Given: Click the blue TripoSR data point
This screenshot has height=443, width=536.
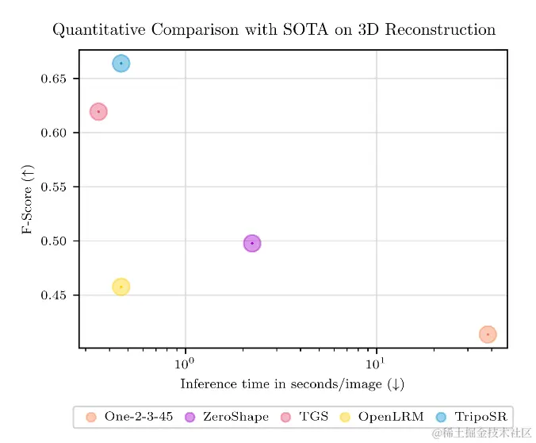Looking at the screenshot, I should (121, 64).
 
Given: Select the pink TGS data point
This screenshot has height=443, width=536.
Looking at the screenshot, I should (98, 112).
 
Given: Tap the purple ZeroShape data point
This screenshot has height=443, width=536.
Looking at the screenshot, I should (252, 243).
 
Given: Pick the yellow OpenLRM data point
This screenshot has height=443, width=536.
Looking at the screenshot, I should (121, 287).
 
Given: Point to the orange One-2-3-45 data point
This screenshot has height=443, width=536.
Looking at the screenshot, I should (488, 334).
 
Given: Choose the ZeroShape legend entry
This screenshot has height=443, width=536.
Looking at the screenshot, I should (227, 417).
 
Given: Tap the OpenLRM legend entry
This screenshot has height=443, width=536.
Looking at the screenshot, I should (381, 417).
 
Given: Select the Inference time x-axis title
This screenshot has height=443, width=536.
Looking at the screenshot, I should (293, 385).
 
